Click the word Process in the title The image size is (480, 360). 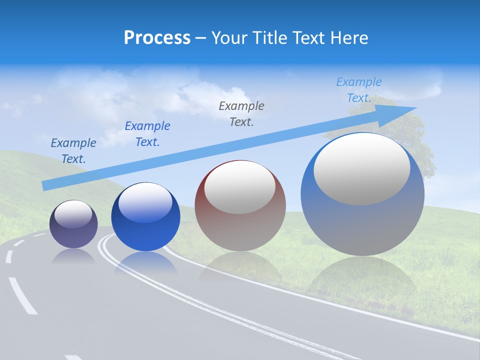click(157, 38)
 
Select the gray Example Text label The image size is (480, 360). click(241, 113)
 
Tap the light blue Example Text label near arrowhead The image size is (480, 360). click(358, 90)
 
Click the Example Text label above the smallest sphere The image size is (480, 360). click(73, 150)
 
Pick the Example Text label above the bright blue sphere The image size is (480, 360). click(147, 134)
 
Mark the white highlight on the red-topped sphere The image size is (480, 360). click(239, 187)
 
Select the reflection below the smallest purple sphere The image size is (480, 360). click(73, 257)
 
